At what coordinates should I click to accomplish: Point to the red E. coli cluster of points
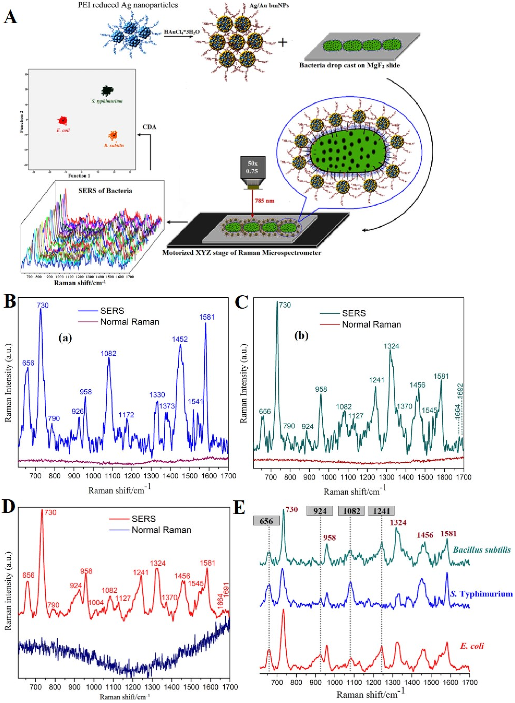point(63,120)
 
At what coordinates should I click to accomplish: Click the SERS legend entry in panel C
point(354,313)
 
